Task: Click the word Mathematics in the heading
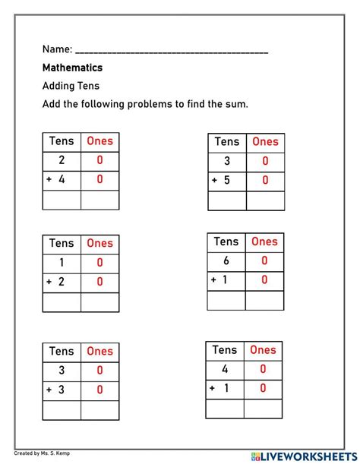point(72,68)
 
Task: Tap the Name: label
point(58,49)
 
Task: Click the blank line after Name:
point(172,52)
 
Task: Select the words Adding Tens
point(71,86)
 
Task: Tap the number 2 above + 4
point(62,160)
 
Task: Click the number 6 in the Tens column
point(226,260)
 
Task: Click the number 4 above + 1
point(225,369)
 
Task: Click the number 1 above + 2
point(62,262)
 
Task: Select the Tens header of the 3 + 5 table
point(226,141)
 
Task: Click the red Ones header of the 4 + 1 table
point(263,350)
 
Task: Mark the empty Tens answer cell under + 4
point(62,200)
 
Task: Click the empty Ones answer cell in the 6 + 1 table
point(264,300)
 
